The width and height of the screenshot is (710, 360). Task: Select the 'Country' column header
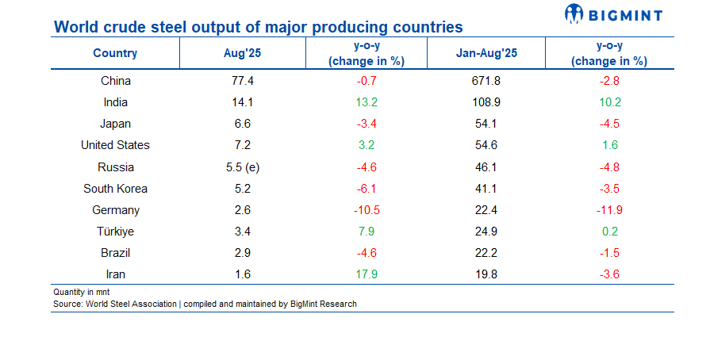(x=115, y=53)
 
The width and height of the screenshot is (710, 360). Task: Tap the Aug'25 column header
(x=241, y=53)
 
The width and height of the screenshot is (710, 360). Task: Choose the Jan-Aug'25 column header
(x=486, y=53)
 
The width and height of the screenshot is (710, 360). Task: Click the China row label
(x=115, y=80)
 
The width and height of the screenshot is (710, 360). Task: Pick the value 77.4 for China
(x=241, y=80)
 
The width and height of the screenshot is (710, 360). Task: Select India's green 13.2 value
(x=366, y=101)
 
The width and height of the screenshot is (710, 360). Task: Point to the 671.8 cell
(x=486, y=80)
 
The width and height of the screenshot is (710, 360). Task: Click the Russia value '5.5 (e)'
(x=241, y=167)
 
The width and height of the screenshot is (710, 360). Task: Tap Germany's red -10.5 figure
(x=366, y=210)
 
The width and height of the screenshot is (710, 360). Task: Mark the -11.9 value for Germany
(x=609, y=210)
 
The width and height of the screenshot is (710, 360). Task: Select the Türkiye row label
(x=115, y=232)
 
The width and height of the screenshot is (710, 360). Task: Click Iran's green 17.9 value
(x=366, y=274)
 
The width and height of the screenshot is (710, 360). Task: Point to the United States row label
(x=115, y=145)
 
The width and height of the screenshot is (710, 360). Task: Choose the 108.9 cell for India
(x=486, y=101)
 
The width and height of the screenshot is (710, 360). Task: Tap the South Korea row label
(x=115, y=189)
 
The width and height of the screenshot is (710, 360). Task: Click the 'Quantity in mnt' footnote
(x=81, y=292)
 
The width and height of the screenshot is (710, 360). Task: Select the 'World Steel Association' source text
(x=132, y=304)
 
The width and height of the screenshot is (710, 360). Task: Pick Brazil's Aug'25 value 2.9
(x=241, y=253)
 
